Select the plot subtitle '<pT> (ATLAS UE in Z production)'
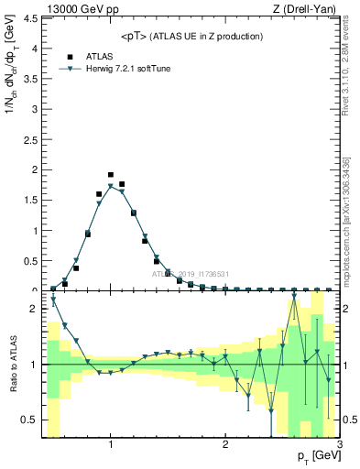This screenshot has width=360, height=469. click(x=191, y=36)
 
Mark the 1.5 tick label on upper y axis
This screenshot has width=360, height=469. click(x=30, y=200)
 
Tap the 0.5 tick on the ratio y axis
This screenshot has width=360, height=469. click(x=30, y=420)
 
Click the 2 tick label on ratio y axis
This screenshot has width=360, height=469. click(x=34, y=309)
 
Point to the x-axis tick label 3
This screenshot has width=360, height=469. click(x=339, y=445)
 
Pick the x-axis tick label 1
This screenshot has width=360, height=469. click(x=111, y=445)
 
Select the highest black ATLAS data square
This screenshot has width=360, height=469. click(x=111, y=175)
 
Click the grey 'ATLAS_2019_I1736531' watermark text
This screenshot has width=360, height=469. click(x=191, y=274)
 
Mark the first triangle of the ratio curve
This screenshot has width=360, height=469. click(x=53, y=300)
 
